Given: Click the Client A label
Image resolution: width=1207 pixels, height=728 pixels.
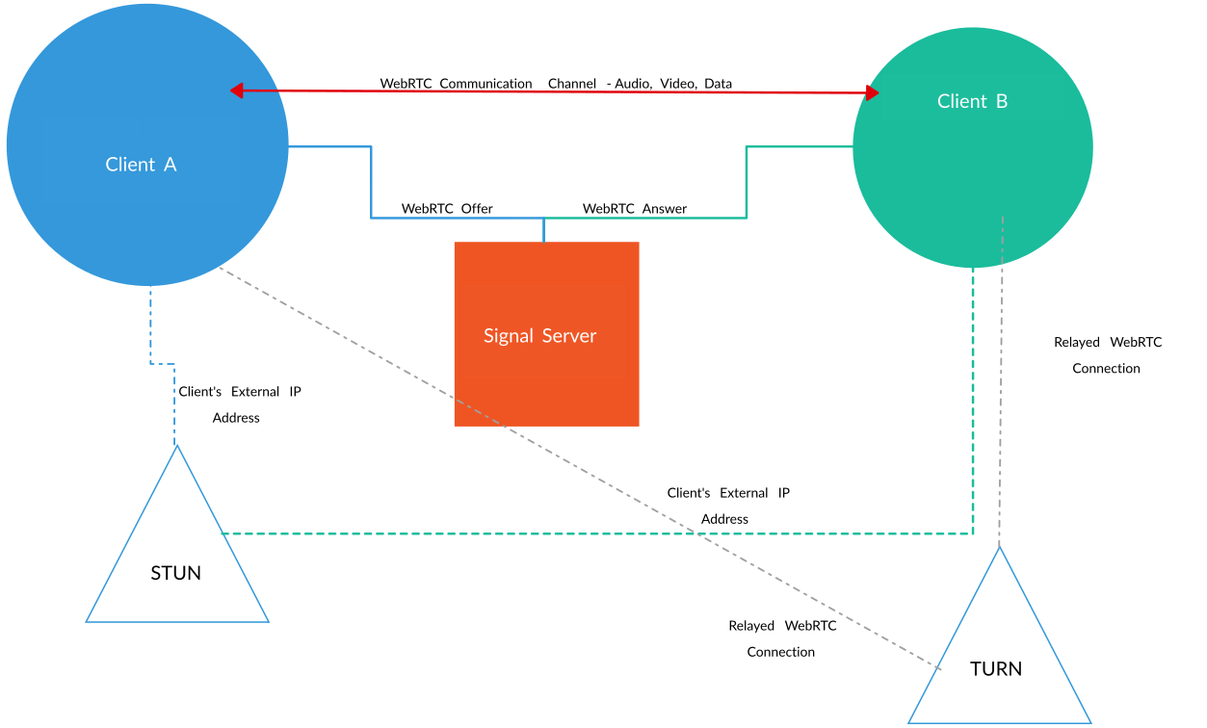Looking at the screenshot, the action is click(141, 165).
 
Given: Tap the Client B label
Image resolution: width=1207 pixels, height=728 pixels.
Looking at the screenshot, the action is click(972, 101).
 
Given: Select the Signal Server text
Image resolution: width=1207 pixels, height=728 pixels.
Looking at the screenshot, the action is click(539, 336).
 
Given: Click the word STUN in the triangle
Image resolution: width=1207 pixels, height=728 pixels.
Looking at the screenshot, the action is click(175, 573).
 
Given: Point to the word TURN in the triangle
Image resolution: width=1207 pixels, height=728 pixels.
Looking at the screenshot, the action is click(996, 668).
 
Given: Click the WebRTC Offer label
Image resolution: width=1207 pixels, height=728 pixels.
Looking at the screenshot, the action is click(447, 208).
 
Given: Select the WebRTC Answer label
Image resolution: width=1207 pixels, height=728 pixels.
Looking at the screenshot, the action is click(634, 208).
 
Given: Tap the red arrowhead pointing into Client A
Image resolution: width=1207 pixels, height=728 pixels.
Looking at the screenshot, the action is click(237, 91).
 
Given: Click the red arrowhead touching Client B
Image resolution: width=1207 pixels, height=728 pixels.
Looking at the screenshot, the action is click(873, 92).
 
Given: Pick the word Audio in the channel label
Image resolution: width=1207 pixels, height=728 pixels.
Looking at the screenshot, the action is click(633, 84).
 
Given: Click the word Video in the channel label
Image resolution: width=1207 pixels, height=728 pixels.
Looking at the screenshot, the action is click(678, 84).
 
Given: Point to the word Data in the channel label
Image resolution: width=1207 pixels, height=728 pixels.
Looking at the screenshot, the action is click(718, 84).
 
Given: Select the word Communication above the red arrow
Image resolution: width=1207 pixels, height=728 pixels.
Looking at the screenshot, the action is click(485, 84).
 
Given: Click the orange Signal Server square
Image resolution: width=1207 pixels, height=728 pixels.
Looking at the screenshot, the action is click(547, 334).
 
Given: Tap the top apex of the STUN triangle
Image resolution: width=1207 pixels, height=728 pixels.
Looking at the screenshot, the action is click(177, 446).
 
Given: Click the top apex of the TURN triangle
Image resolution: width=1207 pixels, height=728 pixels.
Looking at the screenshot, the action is click(1000, 547).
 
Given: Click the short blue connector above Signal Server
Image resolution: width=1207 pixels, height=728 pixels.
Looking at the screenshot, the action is click(543, 230).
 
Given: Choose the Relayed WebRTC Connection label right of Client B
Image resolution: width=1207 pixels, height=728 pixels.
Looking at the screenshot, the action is click(1108, 355).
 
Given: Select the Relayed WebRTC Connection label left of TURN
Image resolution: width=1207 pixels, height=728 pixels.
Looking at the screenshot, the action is click(782, 638).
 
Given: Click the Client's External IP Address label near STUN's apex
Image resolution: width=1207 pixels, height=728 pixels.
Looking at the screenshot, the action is click(239, 404).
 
